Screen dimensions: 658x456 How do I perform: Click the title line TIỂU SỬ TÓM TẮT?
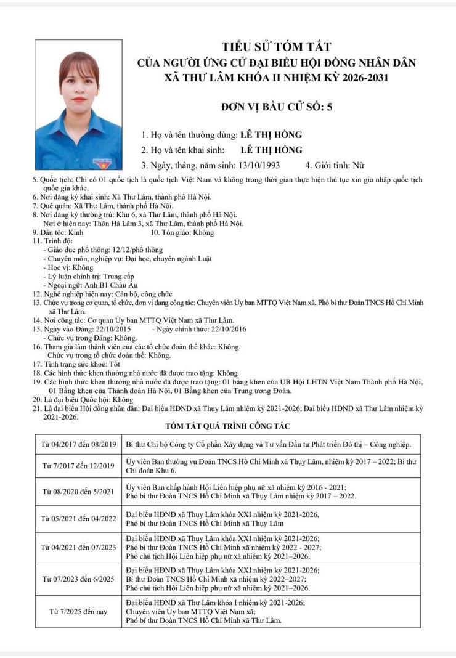[x=277, y=47]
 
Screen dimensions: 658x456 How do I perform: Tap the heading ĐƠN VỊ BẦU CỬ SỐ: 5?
[x=277, y=106]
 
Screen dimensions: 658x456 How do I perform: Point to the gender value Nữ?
[x=358, y=165]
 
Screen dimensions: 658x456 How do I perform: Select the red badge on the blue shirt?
[x=99, y=163]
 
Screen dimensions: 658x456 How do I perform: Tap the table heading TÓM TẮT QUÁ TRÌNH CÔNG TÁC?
[x=227, y=426]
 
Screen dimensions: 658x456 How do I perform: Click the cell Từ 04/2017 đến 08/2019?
[x=78, y=444]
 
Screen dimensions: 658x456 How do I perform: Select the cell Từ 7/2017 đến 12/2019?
[x=78, y=465]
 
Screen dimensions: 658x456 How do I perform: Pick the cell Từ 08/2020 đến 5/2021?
[x=78, y=491]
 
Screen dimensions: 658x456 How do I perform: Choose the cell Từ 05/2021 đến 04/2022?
[x=78, y=518]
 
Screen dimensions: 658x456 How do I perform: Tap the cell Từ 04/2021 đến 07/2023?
[x=78, y=547]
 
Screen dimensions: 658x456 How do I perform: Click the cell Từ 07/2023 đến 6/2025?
[x=78, y=579]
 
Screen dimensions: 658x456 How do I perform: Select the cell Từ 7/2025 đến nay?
[x=78, y=611]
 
